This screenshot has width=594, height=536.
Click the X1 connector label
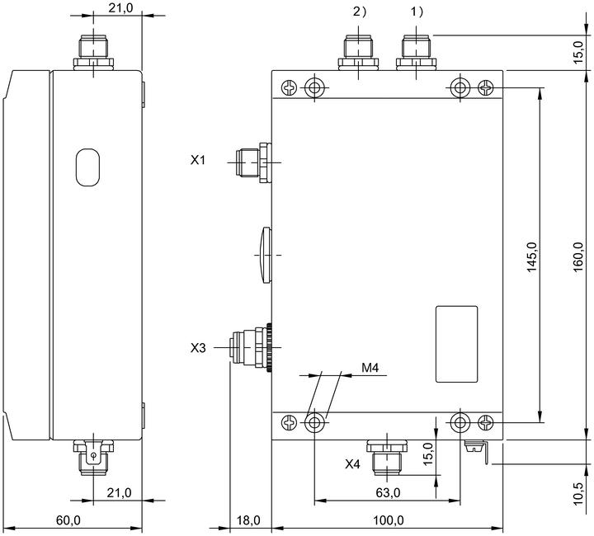pos(197,160)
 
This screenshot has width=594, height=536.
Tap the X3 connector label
pos(198,347)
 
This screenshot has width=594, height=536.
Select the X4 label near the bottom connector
pos(352,464)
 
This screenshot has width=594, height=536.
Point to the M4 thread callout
pos(370,367)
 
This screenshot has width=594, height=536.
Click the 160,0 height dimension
pos(578,256)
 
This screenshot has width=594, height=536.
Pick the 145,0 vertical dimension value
pos(532,256)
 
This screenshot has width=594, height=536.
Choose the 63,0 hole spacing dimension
pos(388,492)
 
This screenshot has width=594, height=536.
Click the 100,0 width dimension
pos(389,520)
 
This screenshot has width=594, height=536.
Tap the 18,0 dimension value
pos(248,520)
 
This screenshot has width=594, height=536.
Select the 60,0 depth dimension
pos(68,520)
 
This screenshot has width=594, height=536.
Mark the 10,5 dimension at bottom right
pos(578,493)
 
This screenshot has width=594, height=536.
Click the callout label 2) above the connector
pos(360,12)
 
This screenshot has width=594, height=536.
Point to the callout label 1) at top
pos(417,12)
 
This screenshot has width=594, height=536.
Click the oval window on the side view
pos(87,167)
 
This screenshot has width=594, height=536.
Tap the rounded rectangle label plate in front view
pos(456,344)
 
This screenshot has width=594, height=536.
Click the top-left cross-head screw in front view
pos(290,88)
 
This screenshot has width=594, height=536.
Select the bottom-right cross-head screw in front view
pos(486,422)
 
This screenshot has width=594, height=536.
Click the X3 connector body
pos(251,347)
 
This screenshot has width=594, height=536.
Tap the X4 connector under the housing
pos(387,458)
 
